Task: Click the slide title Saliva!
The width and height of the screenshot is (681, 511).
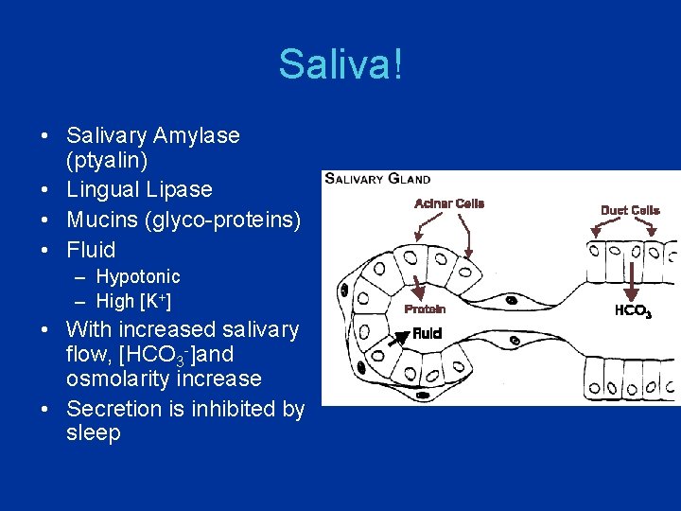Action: coord(340,65)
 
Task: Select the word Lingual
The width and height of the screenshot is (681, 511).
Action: coord(100,189)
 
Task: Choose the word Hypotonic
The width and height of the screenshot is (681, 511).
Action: coord(138,276)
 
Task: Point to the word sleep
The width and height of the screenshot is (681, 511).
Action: coord(94,433)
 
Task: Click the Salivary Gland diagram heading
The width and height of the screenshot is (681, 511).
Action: coord(377,179)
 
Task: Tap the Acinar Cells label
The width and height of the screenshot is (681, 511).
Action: coord(449,203)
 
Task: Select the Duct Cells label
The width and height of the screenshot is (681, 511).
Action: coord(630,210)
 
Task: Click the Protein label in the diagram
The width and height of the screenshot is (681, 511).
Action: coord(425,308)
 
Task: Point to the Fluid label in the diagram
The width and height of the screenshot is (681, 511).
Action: coord(427,333)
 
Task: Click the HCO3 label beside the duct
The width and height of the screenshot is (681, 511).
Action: coord(633,310)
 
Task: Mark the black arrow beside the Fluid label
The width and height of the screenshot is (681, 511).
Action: coord(398,337)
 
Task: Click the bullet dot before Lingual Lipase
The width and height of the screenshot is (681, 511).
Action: coord(45,189)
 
